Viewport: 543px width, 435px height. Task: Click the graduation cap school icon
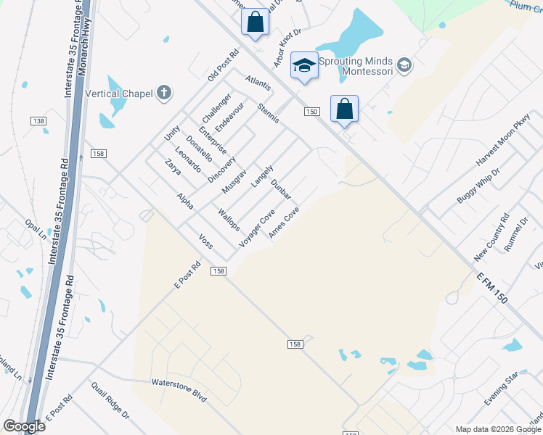pyautogui.click(x=304, y=65)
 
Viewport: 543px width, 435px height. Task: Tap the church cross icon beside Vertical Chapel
pyautogui.click(x=165, y=92)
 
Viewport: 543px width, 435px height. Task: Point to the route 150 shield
pyautogui.click(x=311, y=111)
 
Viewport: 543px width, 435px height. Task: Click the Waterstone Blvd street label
pyautogui.click(x=179, y=390)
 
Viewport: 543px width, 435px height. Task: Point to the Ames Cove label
pyautogui.click(x=284, y=223)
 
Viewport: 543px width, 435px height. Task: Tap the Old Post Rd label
pyautogui.click(x=223, y=65)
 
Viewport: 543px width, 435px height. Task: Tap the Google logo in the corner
pyautogui.click(x=24, y=426)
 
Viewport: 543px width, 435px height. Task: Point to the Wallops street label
pyautogui.click(x=229, y=219)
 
